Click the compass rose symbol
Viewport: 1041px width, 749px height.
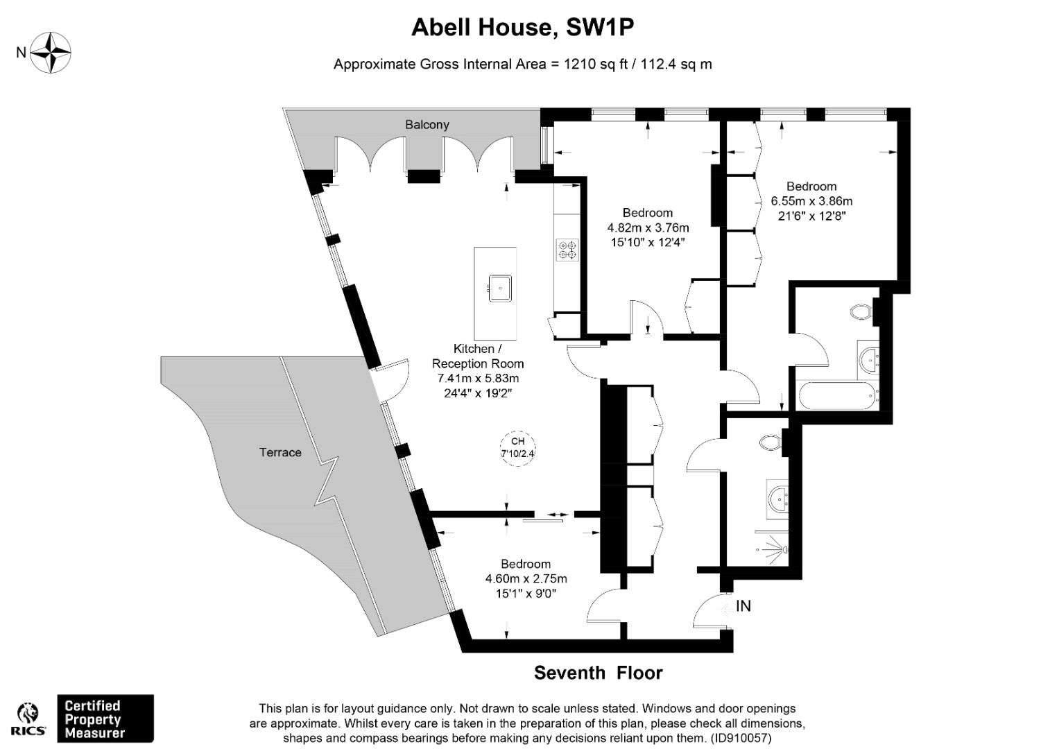tap(50, 53)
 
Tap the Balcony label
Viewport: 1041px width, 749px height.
tap(427, 125)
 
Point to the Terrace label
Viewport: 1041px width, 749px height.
tap(280, 453)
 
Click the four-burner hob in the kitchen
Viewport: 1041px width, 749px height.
tap(567, 250)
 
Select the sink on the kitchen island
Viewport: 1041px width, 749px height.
tap(499, 288)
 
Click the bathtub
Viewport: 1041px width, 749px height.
tap(838, 395)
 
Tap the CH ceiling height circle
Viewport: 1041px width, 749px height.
tap(517, 448)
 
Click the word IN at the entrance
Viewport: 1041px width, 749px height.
tap(743, 606)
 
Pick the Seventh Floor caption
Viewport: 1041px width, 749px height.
tap(598, 673)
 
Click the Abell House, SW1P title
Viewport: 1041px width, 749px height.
tap(522, 27)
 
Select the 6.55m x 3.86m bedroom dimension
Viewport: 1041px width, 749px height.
tap(811, 202)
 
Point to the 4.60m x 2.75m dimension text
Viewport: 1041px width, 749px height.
tap(526, 579)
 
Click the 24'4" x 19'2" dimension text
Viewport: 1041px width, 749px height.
tap(478, 393)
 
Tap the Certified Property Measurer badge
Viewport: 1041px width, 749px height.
tap(105, 718)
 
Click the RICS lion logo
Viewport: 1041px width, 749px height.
tap(28, 719)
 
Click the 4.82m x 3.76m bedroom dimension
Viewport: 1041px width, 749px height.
tap(648, 227)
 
